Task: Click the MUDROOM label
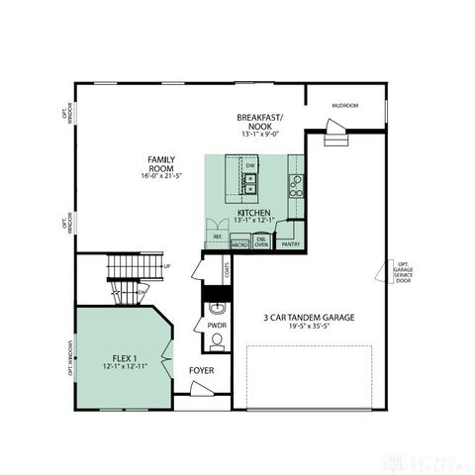tap(345, 106)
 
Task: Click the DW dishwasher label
tap(250, 165)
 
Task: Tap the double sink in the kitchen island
tap(250, 183)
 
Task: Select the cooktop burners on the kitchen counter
tap(295, 183)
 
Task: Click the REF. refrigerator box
tap(217, 237)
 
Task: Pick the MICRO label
tap(238, 243)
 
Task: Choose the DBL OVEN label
tap(262, 241)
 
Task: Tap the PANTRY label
tap(290, 243)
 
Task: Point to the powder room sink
tap(217, 309)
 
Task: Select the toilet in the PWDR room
tap(217, 341)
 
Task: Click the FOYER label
tap(203, 371)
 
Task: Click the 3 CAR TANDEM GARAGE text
tap(309, 318)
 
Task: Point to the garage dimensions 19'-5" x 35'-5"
tap(309, 327)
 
